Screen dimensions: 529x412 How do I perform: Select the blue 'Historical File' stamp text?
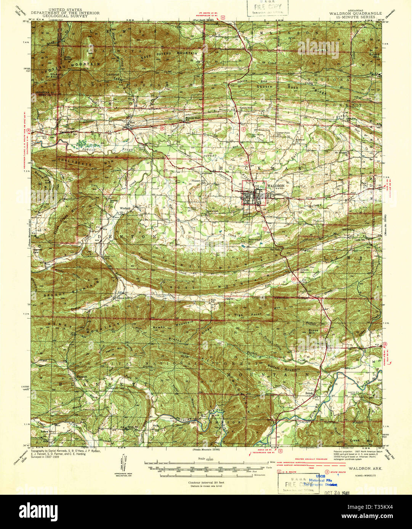point(322,481)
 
